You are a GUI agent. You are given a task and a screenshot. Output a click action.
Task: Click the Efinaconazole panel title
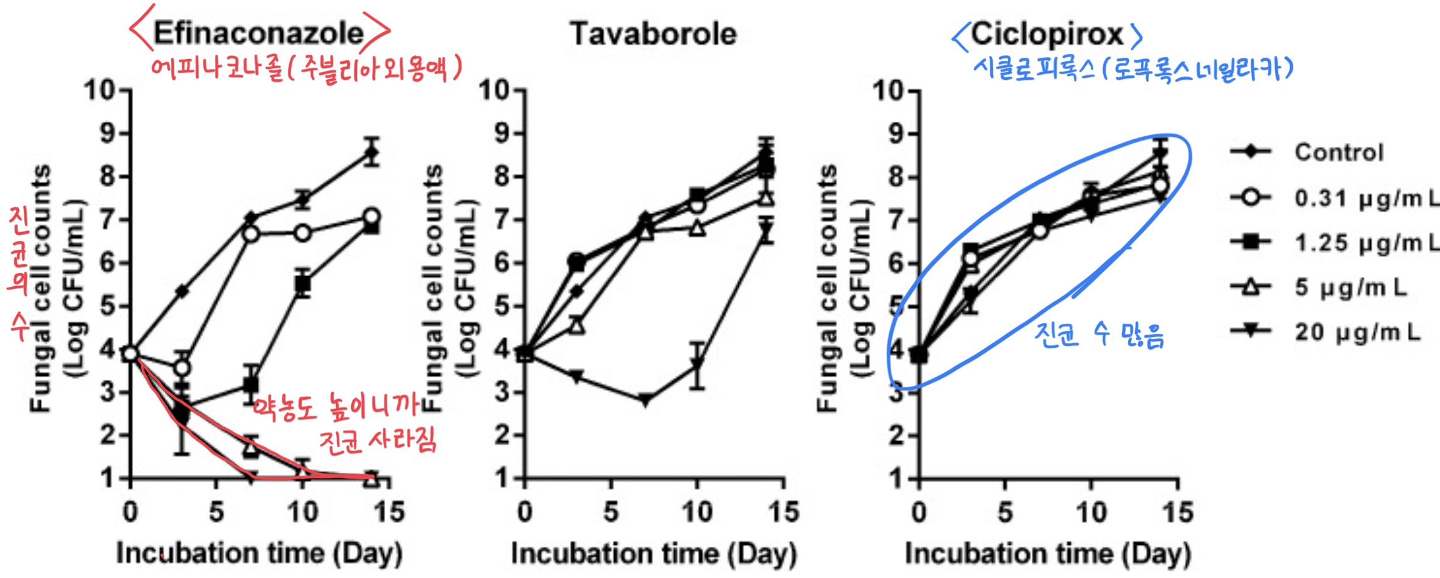pyautogui.click(x=258, y=33)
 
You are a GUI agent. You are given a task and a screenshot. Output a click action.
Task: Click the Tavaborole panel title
pyautogui.click(x=653, y=33)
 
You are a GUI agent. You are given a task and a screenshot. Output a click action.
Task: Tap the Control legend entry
pyautogui.click(x=1338, y=152)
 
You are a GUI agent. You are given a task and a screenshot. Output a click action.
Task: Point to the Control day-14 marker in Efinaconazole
pyautogui.click(x=372, y=152)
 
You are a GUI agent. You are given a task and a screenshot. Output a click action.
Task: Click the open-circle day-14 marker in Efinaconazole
pyautogui.click(x=372, y=217)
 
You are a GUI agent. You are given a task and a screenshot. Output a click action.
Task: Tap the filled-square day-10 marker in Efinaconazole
pyautogui.click(x=303, y=284)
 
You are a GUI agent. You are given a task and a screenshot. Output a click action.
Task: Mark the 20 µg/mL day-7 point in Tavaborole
pyautogui.click(x=645, y=400)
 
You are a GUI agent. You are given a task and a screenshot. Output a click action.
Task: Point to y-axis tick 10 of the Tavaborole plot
pyautogui.click(x=495, y=91)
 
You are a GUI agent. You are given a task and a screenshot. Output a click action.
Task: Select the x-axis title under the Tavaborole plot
pyautogui.click(x=653, y=554)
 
